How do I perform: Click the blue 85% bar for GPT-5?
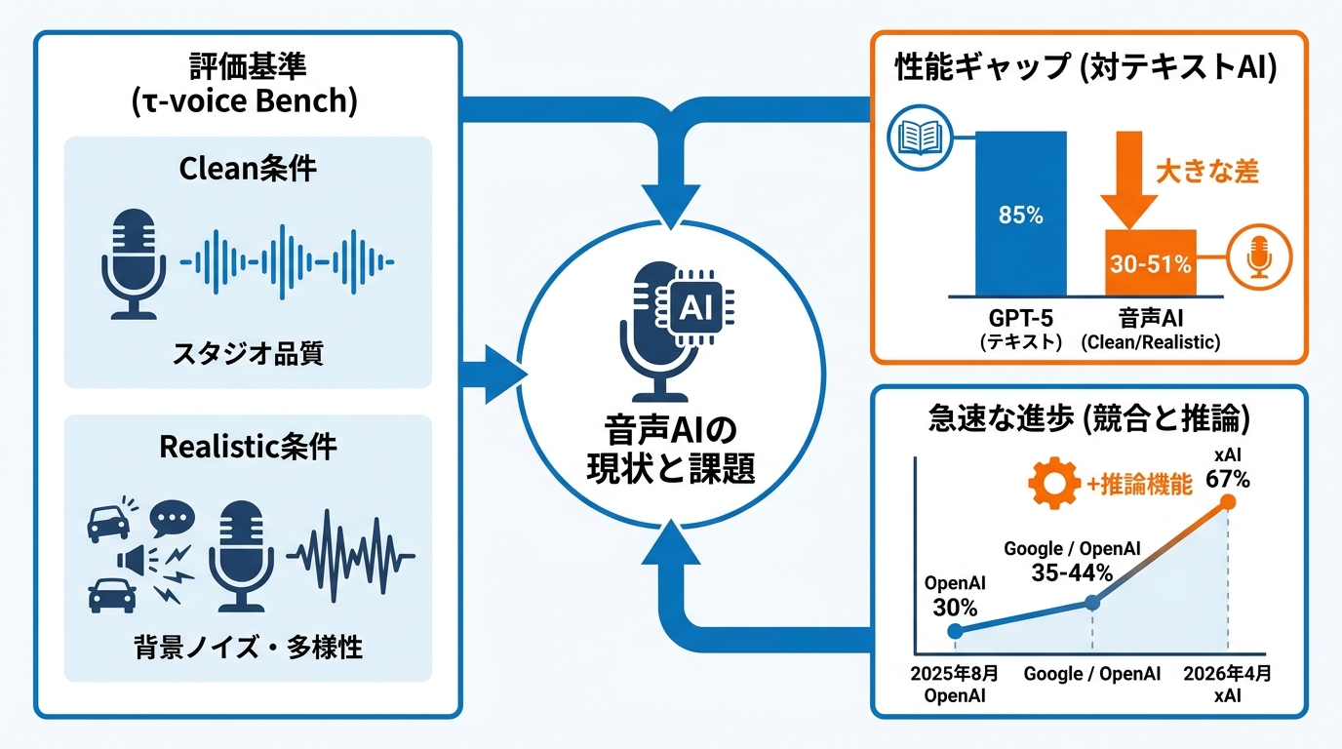(1021, 214)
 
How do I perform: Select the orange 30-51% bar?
(1150, 263)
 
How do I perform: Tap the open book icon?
(920, 138)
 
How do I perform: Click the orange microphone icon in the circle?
(1259, 257)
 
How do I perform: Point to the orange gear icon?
(1054, 483)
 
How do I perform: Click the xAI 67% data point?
(1228, 502)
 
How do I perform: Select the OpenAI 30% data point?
(955, 631)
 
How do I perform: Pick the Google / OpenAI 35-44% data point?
(1092, 603)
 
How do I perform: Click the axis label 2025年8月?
(955, 674)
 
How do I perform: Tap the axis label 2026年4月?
(1227, 674)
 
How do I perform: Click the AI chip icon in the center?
(695, 308)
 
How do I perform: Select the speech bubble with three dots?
(172, 518)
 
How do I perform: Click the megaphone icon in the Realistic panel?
(133, 560)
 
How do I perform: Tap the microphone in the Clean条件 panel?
(134, 263)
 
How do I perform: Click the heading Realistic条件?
(248, 447)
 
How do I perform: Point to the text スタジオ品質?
(248, 353)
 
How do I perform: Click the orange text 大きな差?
(1206, 172)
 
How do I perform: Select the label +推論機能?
(1139, 484)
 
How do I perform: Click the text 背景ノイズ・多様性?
(248, 648)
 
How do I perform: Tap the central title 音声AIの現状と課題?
(670, 450)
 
